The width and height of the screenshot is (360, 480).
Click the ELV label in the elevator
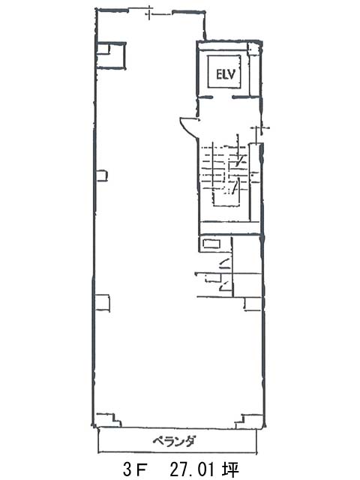click(x=226, y=74)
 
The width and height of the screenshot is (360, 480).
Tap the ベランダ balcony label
click(x=174, y=442)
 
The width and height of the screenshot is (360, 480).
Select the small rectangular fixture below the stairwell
click(x=211, y=244)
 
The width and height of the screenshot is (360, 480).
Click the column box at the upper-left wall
click(x=111, y=55)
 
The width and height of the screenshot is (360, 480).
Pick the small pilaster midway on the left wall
click(x=102, y=175)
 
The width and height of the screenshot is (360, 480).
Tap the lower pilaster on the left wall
click(x=103, y=303)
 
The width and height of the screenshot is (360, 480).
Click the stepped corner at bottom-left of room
click(x=109, y=419)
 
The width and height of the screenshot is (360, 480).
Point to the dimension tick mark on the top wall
click(x=149, y=14)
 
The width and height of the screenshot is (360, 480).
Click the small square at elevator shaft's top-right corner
click(x=253, y=49)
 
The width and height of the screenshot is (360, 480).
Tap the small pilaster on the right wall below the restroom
click(x=253, y=304)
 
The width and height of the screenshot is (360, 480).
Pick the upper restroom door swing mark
click(x=224, y=262)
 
